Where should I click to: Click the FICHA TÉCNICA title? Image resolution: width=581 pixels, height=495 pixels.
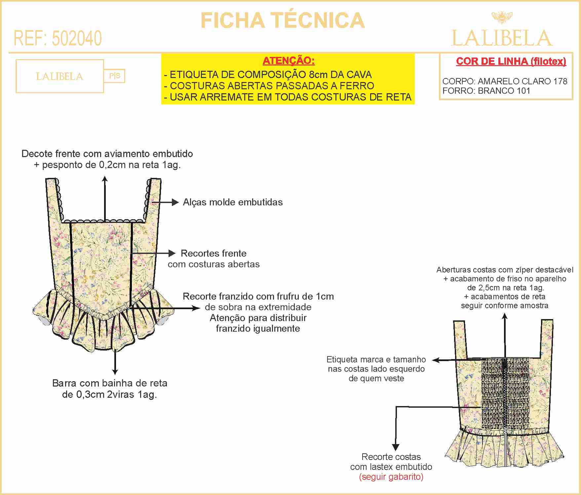click(283, 21)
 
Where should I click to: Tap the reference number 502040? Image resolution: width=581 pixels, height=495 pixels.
click(77, 38)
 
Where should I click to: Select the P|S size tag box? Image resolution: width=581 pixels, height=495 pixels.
click(115, 76)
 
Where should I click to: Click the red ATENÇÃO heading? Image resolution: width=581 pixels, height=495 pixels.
click(289, 61)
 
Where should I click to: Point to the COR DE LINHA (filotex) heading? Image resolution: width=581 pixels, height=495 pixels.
click(511, 61)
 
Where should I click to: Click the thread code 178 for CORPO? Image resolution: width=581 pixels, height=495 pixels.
click(561, 81)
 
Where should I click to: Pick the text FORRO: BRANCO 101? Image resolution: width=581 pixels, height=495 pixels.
click(486, 91)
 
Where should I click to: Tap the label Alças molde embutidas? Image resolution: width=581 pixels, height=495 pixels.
click(233, 202)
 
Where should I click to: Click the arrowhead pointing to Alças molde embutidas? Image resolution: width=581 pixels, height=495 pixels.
click(175, 202)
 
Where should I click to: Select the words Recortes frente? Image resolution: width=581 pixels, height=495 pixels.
click(213, 254)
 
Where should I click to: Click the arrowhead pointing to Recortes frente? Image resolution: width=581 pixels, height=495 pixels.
click(173, 254)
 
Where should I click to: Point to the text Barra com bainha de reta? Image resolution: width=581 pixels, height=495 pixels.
click(110, 383)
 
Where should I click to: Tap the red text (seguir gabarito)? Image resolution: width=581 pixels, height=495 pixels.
click(391, 477)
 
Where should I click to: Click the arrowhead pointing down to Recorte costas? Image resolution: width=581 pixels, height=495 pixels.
click(396, 448)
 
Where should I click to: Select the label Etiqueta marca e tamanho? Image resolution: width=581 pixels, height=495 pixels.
click(376, 359)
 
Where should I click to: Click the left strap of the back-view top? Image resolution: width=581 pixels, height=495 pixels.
click(460, 339)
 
